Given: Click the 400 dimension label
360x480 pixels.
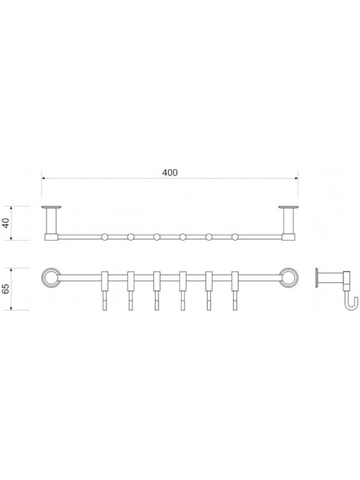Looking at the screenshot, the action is (170, 173).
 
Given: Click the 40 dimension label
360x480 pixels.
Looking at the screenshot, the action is (6, 223).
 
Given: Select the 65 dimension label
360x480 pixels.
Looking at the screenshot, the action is (6, 289).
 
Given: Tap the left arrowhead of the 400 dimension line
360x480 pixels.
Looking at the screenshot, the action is (44, 178).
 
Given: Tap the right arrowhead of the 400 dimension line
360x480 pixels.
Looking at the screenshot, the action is (296, 178).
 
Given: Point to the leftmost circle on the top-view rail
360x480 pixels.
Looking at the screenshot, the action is (104, 237).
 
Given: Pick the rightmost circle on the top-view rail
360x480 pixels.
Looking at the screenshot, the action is (235, 237).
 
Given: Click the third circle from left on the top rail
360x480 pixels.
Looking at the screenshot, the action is (157, 237).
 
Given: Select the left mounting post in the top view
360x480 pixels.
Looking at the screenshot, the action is (52, 223).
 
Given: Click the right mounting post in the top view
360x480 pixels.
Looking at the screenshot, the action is (289, 223).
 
